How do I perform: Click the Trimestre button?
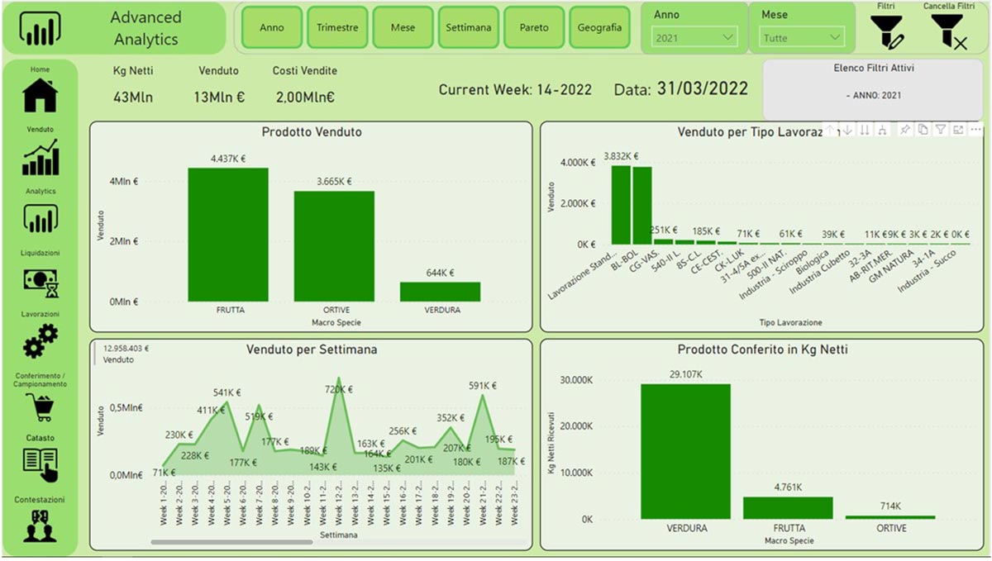click(x=337, y=27)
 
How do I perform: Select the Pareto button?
click(x=534, y=27)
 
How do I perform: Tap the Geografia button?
click(x=599, y=27)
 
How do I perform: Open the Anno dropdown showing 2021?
click(x=694, y=37)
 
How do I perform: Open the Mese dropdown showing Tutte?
click(x=801, y=37)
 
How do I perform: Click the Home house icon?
click(x=41, y=95)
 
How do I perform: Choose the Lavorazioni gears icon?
click(x=41, y=340)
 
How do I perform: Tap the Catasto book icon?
click(x=41, y=463)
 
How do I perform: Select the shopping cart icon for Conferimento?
click(x=41, y=406)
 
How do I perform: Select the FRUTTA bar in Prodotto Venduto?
click(x=228, y=235)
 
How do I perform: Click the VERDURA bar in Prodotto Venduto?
click(x=441, y=292)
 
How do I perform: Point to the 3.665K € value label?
click(x=334, y=181)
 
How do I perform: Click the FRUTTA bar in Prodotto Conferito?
click(x=788, y=507)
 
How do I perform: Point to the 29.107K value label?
click(x=685, y=374)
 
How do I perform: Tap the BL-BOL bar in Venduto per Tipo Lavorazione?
click(x=642, y=206)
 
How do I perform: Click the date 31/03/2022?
click(x=703, y=89)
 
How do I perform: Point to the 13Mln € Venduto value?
click(x=219, y=97)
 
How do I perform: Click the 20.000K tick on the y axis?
click(x=575, y=426)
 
